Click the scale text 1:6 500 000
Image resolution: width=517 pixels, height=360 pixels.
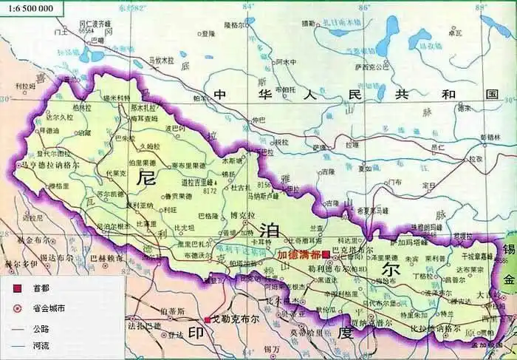27,9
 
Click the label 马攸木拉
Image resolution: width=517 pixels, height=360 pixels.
161,59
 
